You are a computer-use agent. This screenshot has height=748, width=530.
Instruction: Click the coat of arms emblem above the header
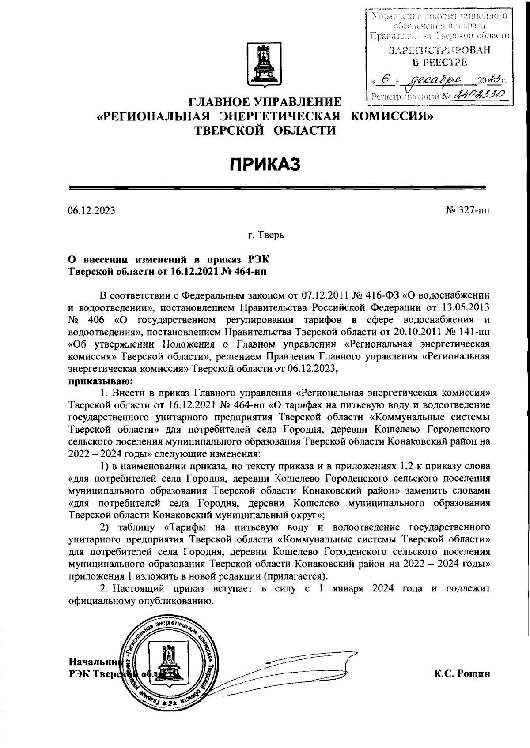(x=265, y=65)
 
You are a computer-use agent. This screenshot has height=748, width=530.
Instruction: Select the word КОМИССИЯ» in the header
(x=390, y=116)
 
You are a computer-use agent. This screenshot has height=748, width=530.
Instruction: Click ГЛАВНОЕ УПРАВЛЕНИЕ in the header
(x=265, y=103)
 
